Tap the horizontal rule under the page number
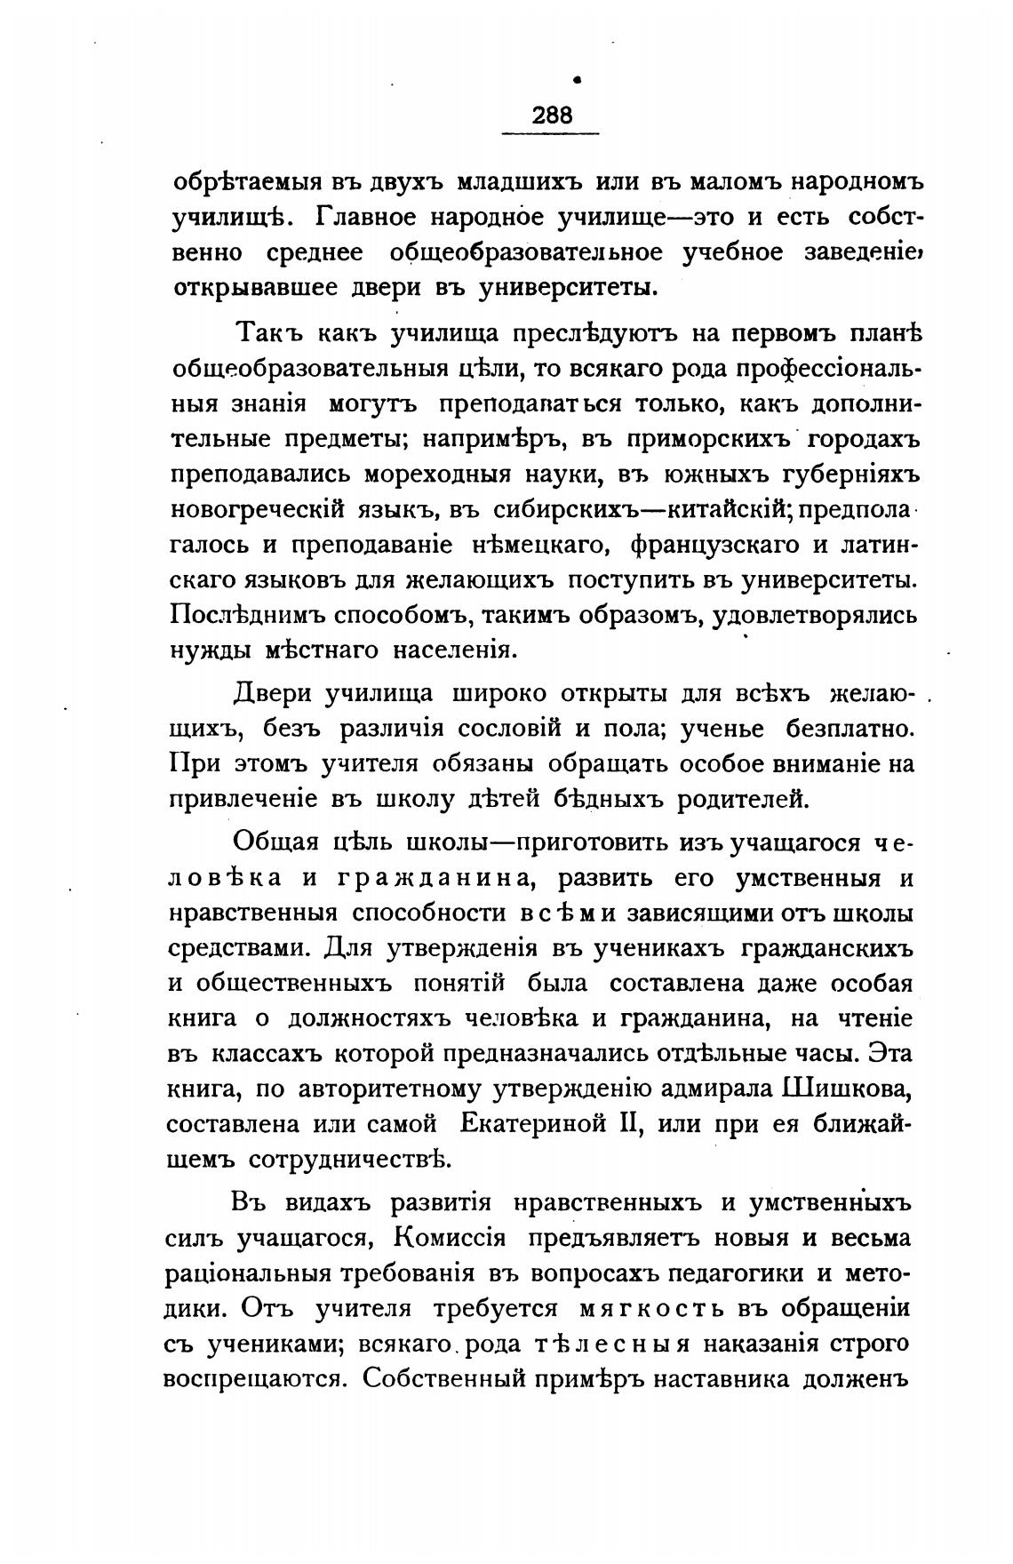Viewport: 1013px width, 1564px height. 551,133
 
